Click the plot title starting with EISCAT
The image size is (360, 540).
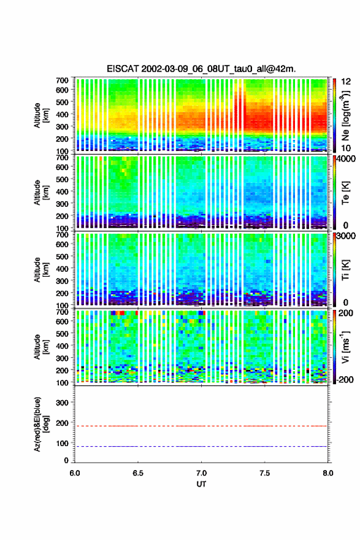pyautogui.click(x=201, y=69)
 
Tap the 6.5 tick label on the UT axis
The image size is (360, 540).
pyautogui.click(x=138, y=473)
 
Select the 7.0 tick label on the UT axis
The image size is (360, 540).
pyautogui.click(x=201, y=473)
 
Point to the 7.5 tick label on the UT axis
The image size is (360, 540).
pyautogui.click(x=265, y=473)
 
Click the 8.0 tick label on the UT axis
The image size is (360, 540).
pyautogui.click(x=328, y=473)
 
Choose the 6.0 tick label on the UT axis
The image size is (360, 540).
pyautogui.click(x=75, y=473)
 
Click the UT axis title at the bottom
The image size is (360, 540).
pyautogui.click(x=201, y=484)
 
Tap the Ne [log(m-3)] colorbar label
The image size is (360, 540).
pyautogui.click(x=345, y=115)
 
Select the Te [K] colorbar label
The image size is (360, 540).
pyautogui.click(x=345, y=193)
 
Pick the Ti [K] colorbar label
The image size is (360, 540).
pyautogui.click(x=345, y=270)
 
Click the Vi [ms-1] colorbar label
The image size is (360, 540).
pyautogui.click(x=345, y=347)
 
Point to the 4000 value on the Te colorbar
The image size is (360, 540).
pyautogui.click(x=347, y=159)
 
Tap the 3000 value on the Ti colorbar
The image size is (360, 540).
pyautogui.click(x=347, y=236)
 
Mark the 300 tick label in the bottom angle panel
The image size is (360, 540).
pyautogui.click(x=62, y=403)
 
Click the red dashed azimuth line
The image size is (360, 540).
pyautogui.click(x=201, y=426)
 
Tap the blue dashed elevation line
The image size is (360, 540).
pyautogui.click(x=201, y=446)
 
